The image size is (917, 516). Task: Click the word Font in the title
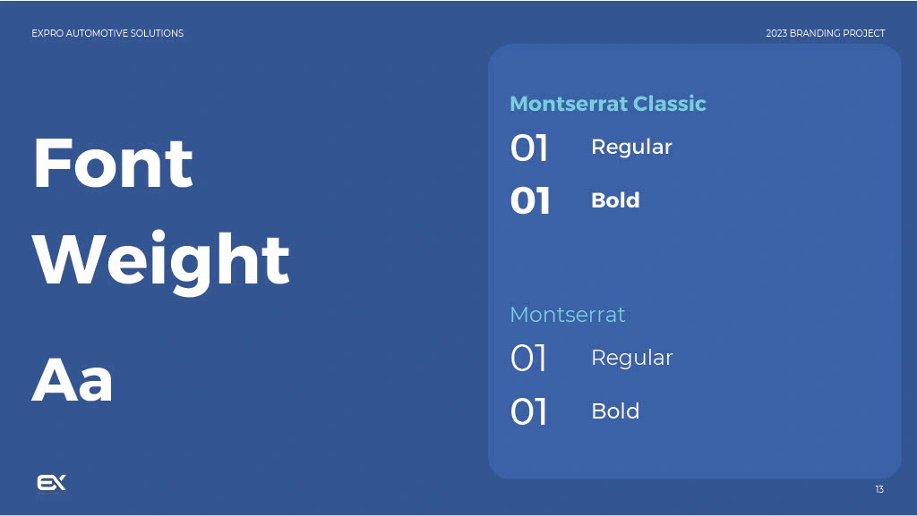point(113,163)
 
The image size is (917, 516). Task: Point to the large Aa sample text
point(72,380)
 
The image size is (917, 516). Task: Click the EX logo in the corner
point(51,483)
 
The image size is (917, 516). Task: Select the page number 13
point(879,489)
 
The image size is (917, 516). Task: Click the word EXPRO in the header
point(47,33)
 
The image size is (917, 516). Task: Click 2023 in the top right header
point(776,33)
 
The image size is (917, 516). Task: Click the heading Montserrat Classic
point(608,104)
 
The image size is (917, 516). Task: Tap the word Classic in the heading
point(670,104)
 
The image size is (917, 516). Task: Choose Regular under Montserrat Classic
point(631,147)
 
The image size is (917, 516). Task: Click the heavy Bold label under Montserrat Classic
point(616,200)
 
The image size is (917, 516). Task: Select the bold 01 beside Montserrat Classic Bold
point(530,201)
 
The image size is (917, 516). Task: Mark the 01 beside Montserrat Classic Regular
point(529,148)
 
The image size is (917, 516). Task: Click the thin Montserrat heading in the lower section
point(568,315)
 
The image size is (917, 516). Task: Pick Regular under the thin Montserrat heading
point(632,358)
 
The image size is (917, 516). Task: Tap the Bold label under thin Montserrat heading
point(616,411)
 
